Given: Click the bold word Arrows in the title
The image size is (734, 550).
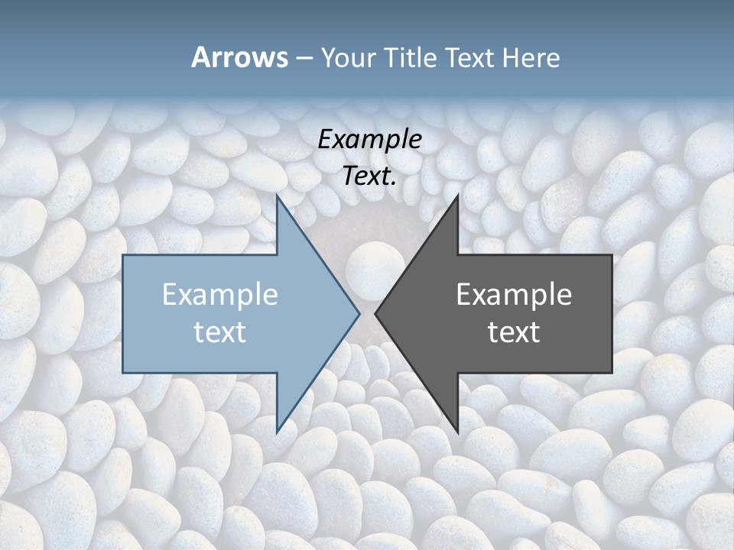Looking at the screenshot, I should pos(240,57).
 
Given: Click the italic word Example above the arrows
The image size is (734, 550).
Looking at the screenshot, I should pos(370,139).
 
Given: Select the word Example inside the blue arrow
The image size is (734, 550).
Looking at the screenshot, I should pos(220,295).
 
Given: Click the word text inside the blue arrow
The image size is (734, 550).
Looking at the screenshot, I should pos(220,332).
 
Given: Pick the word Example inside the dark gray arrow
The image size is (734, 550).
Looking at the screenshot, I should pos(514,295).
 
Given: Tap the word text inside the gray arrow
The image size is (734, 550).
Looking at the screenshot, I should pos(514,332).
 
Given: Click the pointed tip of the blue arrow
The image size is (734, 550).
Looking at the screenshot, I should pos(359,313).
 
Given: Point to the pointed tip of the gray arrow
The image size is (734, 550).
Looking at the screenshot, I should pos(375,313).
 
